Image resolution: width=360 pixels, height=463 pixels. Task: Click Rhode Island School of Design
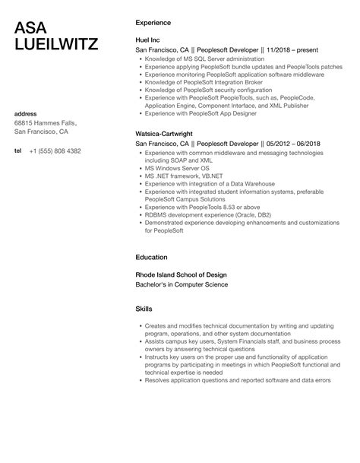pos(180,274)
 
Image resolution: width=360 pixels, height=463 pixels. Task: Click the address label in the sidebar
pos(27,114)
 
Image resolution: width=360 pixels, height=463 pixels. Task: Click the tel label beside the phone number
pos(18,151)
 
